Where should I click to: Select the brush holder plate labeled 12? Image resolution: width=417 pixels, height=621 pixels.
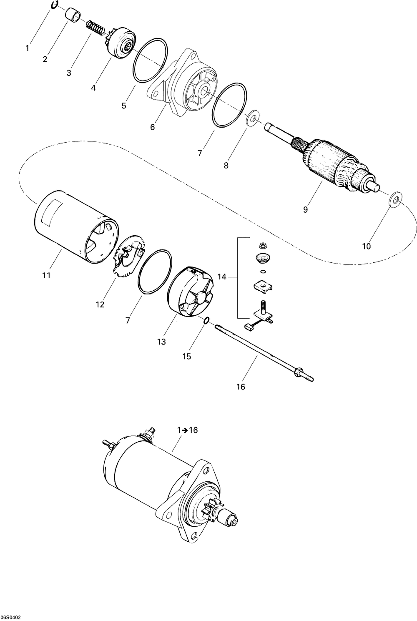pyautogui.click(x=128, y=256)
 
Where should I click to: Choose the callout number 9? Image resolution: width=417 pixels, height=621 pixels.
pyautogui.click(x=305, y=210)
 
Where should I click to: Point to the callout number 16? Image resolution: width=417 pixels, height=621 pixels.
pyautogui.click(x=241, y=387)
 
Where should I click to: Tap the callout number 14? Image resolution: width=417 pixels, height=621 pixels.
pyautogui.click(x=222, y=277)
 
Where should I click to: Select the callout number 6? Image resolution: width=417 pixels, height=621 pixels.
pyautogui.click(x=152, y=127)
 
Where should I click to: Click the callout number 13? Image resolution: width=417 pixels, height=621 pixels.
pyautogui.click(x=161, y=342)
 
